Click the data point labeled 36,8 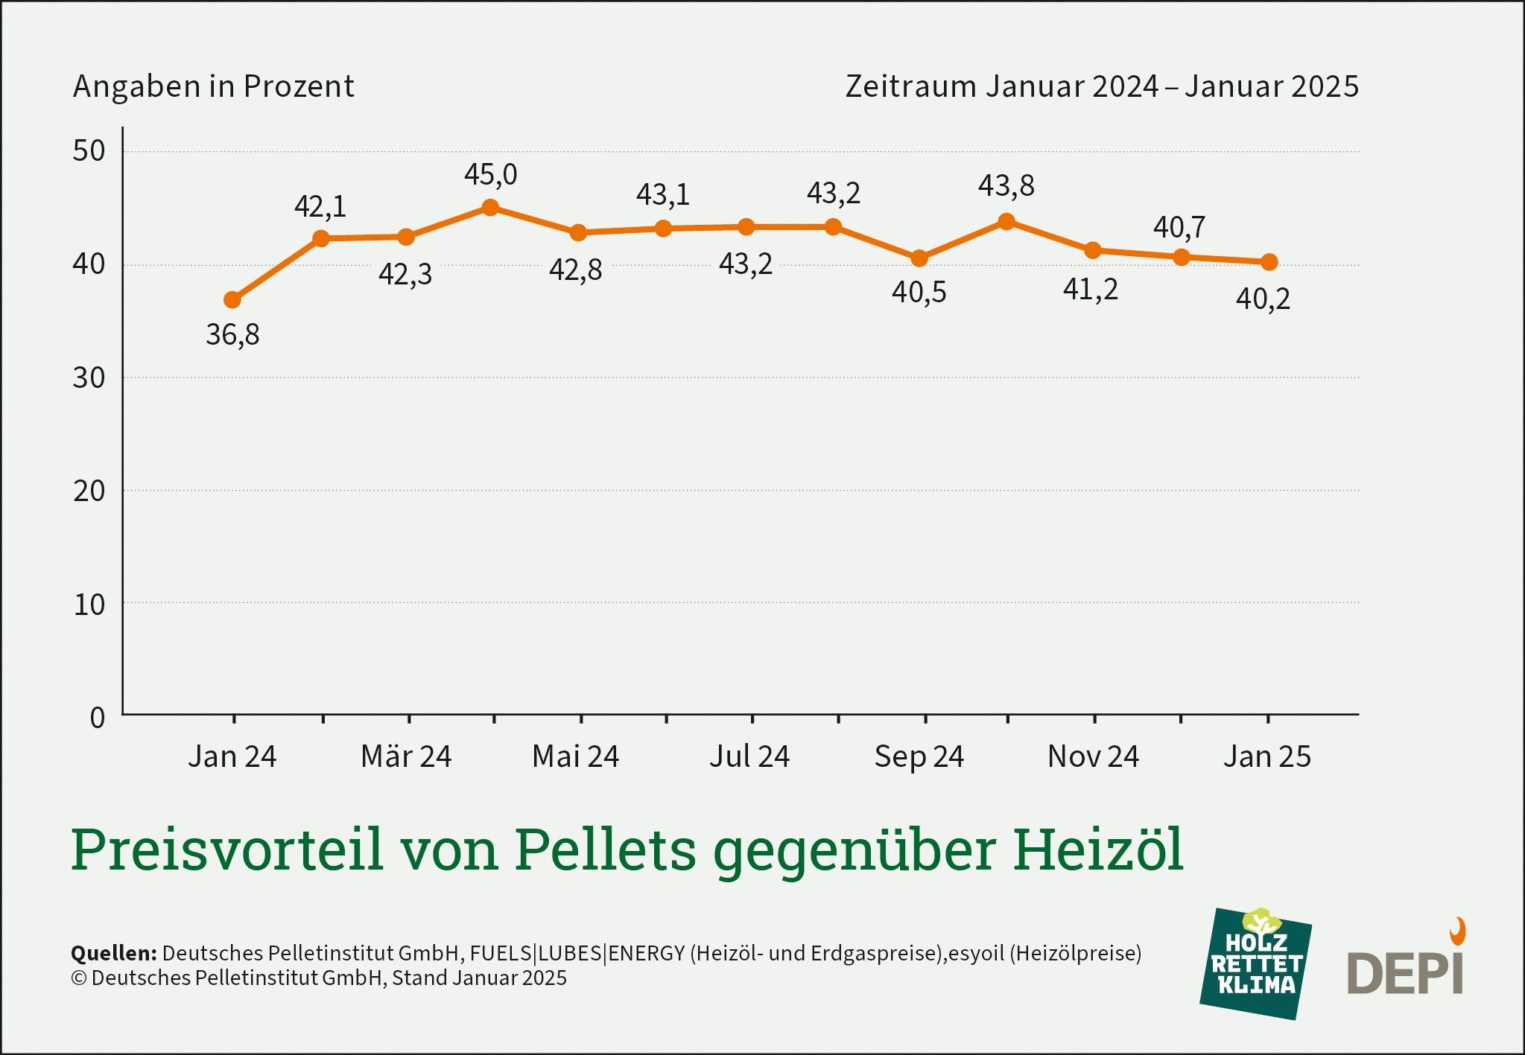pos(232,300)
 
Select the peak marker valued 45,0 pos(490,208)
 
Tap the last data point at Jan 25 pos(1269,262)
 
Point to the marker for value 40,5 pos(919,258)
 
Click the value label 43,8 pos(1006,186)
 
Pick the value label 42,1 pos(320,206)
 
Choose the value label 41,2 pos(1091,290)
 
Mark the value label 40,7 pos(1179,227)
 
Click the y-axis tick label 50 pos(89,151)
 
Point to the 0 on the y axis pos(98,718)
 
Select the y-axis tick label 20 pos(89,491)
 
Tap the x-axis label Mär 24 pos(406,756)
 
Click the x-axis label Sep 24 pos(919,756)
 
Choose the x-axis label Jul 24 pos(749,756)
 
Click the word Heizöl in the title pos(1097,850)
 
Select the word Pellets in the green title pos(605,850)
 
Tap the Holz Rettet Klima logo pos(1256,963)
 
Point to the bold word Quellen pos(113,953)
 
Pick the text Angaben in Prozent pos(213,86)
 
